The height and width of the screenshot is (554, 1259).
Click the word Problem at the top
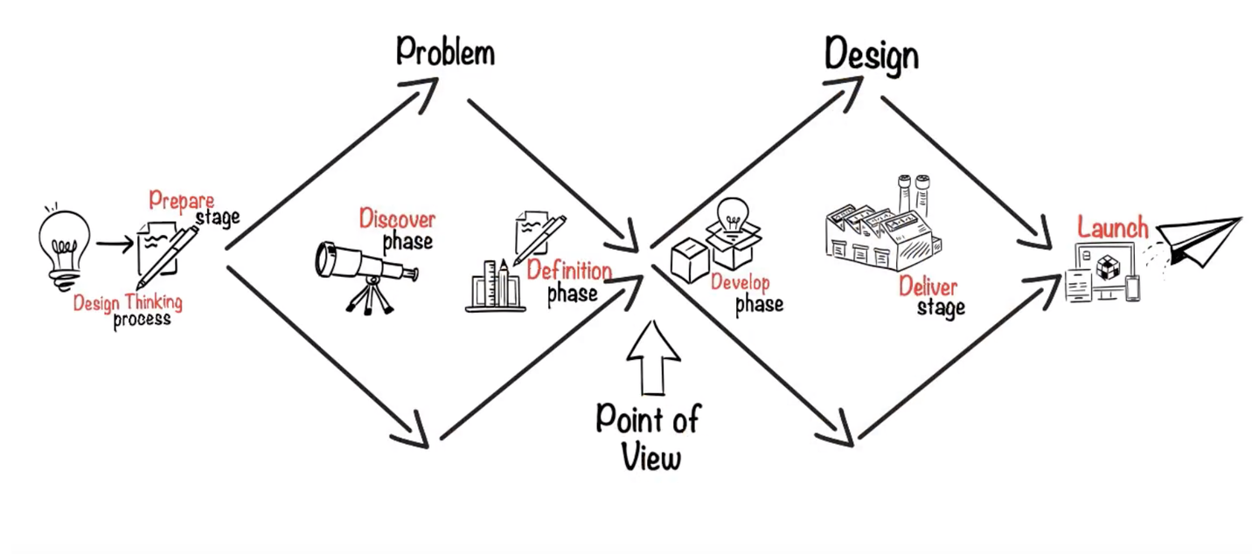tap(446, 52)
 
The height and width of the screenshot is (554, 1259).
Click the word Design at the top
tap(872, 55)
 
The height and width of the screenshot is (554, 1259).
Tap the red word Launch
tap(1113, 227)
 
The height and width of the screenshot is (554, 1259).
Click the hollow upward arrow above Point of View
tap(653, 358)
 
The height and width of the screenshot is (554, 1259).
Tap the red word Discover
tap(397, 218)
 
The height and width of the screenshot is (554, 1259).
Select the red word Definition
tap(569, 270)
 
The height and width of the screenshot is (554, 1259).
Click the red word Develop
tap(741, 282)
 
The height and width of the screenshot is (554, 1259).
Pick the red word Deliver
tap(928, 287)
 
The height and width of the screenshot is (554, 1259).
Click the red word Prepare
tap(182, 201)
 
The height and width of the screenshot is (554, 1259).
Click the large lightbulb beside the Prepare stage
tap(64, 247)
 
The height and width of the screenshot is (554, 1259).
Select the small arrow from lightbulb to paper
tap(115, 243)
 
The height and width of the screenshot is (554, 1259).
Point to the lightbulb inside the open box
tap(733, 215)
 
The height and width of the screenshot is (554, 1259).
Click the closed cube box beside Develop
tap(689, 260)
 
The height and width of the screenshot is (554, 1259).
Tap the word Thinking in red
tap(154, 302)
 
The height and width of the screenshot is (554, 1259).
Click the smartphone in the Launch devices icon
tap(1132, 288)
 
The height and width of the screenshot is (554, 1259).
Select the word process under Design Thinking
tap(142, 320)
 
